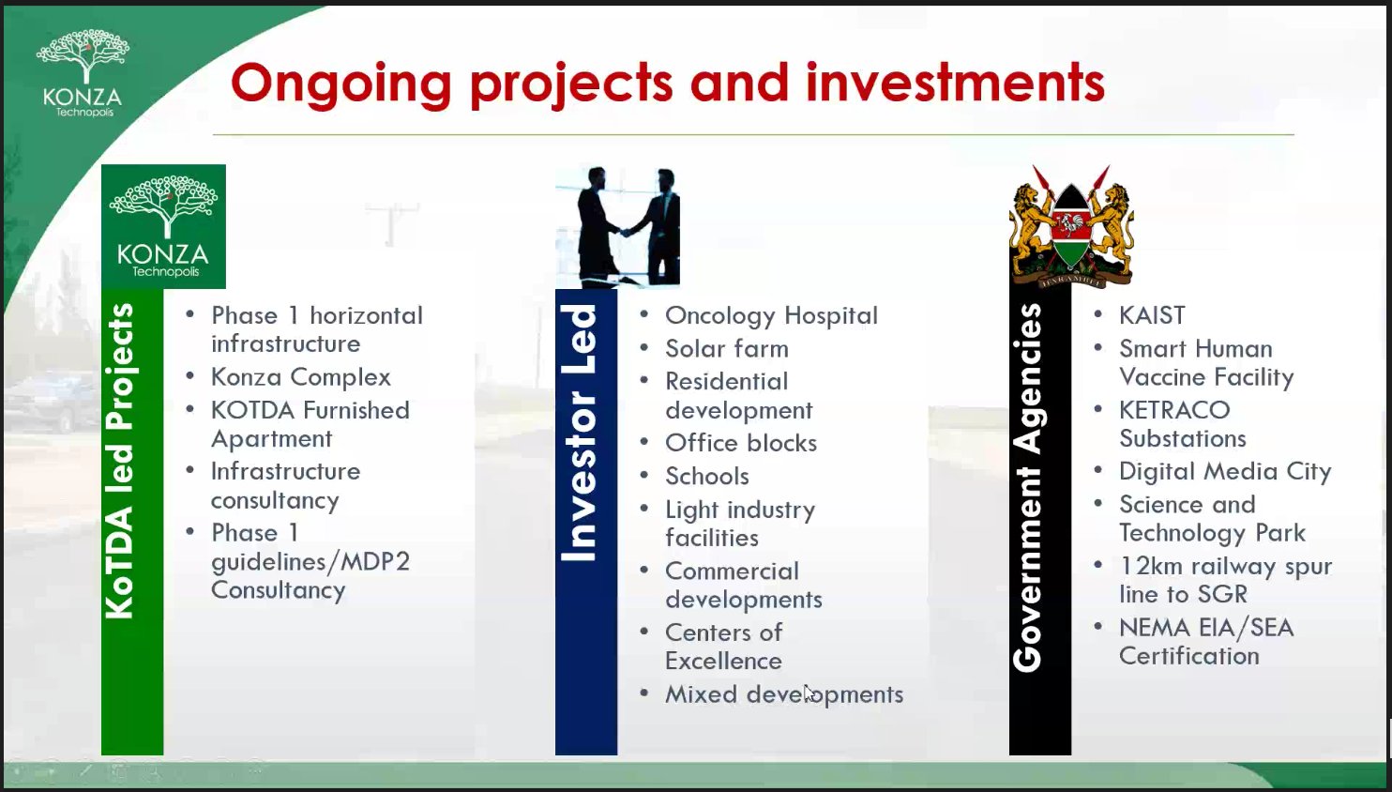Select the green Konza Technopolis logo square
point(163,226)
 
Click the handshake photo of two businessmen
point(617,226)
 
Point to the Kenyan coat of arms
point(1070,226)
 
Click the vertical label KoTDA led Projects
point(120,461)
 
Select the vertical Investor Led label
point(580,433)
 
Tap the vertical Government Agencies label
point(1029,488)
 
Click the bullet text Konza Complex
point(300,377)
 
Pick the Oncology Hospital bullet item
point(771,315)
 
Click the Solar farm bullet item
point(726,349)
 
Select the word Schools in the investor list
point(706,477)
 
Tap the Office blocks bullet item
point(740,443)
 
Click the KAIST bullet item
point(1151,315)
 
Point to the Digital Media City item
point(1224,471)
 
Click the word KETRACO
point(1173,410)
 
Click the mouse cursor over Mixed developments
point(809,693)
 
